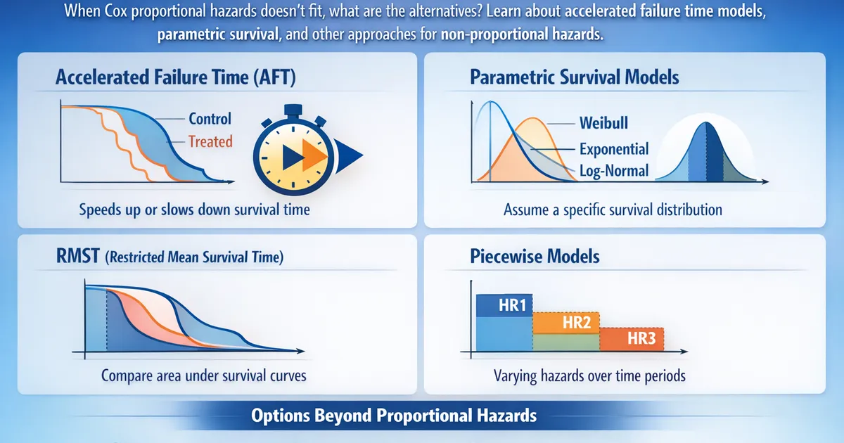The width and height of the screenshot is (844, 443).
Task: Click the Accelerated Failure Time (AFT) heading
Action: [176, 77]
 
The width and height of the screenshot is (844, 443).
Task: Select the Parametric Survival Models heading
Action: [574, 77]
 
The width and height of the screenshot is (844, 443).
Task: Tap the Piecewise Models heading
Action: [535, 257]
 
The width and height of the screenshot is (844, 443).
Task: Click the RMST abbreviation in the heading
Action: [78, 256]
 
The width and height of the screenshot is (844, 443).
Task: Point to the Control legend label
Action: [210, 119]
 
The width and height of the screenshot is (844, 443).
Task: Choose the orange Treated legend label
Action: [210, 141]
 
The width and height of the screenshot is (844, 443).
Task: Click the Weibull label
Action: [603, 123]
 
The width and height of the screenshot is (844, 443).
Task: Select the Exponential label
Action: [614, 149]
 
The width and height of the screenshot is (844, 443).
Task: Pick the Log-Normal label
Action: [614, 171]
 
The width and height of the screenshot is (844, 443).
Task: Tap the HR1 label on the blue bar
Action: [512, 305]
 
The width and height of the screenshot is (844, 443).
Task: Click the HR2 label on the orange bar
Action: [577, 323]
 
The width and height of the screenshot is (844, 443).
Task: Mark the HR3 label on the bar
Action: [641, 339]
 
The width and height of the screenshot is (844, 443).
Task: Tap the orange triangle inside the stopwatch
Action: [314, 155]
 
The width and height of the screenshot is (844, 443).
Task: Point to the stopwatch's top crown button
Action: [293, 110]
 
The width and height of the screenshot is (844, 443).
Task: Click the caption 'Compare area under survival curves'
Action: [204, 376]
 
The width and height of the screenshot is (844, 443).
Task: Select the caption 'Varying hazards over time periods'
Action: [589, 376]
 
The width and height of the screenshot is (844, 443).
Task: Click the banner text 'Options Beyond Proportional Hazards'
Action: [394, 416]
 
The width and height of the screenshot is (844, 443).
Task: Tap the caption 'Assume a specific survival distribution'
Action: [613, 210]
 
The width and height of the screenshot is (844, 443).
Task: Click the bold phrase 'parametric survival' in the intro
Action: [218, 34]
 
